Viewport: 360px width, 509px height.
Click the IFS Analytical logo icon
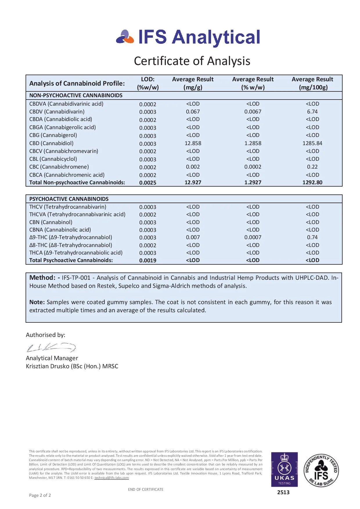125,37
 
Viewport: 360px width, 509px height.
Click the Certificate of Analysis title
192,61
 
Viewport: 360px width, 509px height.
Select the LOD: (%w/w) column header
148,83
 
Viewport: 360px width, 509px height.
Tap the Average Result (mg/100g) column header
312,83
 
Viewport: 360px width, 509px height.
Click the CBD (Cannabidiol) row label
51,143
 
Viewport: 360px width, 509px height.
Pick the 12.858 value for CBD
193,143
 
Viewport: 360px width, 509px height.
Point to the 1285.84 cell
312,143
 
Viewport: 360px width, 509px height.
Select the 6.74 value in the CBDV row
312,112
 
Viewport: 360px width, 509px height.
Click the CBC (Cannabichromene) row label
59,167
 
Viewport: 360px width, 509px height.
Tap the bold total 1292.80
312,183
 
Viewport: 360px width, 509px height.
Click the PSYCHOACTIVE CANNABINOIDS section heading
69,199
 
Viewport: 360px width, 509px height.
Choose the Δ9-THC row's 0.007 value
193,237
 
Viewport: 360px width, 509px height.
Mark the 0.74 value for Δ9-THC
312,237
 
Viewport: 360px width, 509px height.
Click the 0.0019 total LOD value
148,261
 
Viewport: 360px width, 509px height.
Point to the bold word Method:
42,278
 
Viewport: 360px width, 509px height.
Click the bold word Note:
37,302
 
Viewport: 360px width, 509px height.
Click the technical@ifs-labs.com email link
111,478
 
